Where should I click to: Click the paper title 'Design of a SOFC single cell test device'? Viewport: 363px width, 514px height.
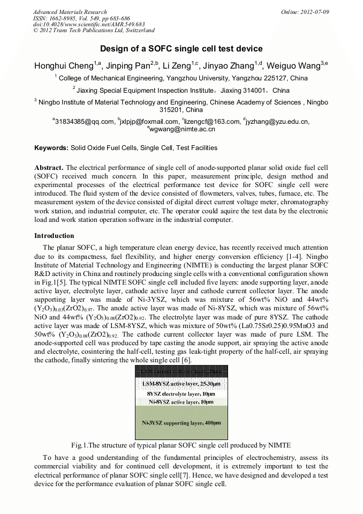click(181, 48)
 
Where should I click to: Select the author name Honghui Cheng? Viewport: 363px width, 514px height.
click(64, 66)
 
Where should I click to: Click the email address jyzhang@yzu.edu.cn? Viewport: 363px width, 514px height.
click(277, 122)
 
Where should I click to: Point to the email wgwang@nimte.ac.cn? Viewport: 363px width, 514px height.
click(182, 129)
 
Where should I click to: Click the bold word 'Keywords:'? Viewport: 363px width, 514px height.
click(51, 147)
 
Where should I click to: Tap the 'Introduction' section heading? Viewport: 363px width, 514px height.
click(54, 235)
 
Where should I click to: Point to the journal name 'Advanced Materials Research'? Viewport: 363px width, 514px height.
click(70, 12)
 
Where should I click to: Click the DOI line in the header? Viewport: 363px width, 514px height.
click(88, 24)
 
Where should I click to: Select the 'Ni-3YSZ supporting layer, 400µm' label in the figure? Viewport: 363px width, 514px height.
click(181, 422)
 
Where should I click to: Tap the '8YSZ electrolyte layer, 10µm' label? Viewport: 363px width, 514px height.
click(181, 393)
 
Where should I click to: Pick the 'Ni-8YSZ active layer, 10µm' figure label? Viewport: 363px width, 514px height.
click(181, 401)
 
